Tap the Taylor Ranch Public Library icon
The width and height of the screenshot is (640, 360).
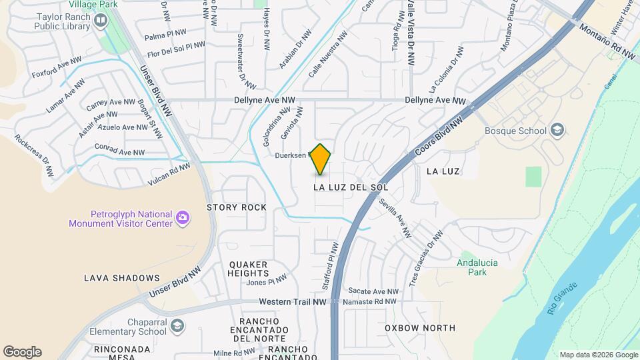point(101,21)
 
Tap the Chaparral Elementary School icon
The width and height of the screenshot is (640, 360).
point(177,326)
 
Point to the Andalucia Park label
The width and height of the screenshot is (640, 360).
point(477,267)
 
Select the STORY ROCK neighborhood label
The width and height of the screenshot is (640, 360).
point(236,207)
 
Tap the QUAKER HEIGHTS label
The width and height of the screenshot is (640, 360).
point(248,269)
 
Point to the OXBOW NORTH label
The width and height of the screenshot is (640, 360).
point(420,328)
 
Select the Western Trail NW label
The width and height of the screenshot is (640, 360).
point(293,301)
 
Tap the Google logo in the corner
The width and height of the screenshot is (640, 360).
point(22,352)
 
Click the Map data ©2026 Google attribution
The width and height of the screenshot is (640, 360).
point(598,355)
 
